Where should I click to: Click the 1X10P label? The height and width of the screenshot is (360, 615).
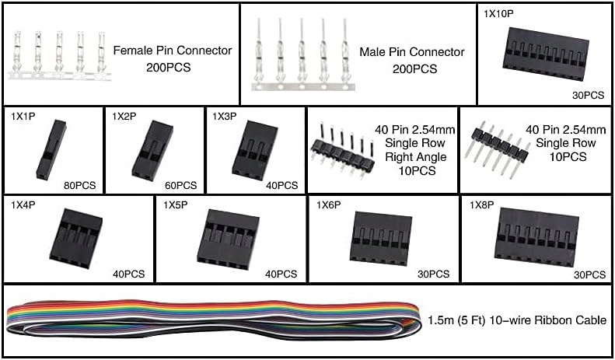coord(499,14)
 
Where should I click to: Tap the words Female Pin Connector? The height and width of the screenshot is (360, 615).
coord(173,51)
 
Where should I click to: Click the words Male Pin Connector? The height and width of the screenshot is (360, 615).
coord(412,52)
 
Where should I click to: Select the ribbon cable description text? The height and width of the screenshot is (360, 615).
coord(516,320)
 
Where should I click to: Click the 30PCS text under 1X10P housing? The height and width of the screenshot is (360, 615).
coord(589,96)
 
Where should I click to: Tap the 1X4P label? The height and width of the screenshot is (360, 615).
coord(23,204)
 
